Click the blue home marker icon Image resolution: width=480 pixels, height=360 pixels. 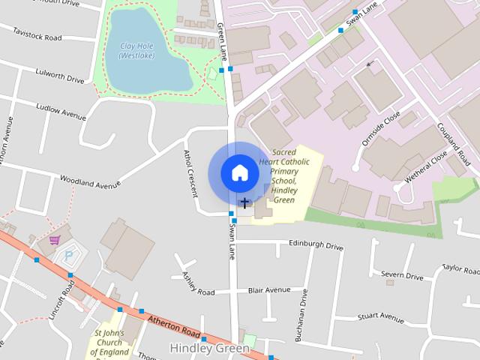238,172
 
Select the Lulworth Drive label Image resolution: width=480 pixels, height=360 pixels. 60,73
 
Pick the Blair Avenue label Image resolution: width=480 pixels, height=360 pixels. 268,289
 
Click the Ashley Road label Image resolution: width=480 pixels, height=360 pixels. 198,284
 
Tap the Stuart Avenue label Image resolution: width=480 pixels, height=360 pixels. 382,316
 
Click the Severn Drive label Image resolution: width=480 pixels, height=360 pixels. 403,274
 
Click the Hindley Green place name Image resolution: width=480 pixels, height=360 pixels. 204,348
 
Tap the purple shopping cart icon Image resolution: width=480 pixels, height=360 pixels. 54,240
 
